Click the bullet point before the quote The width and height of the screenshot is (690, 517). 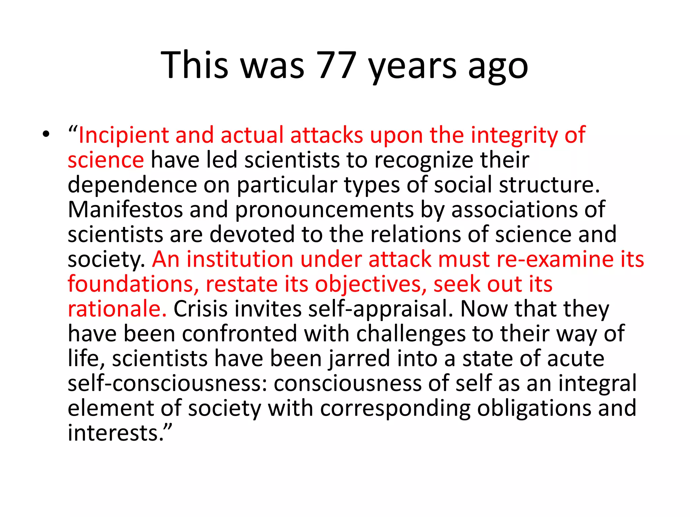pyautogui.click(x=46, y=135)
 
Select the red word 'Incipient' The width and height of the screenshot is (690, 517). pyautogui.click(x=123, y=135)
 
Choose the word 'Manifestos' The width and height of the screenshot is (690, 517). pyautogui.click(x=125, y=210)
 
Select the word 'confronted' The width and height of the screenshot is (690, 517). pyautogui.click(x=239, y=334)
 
